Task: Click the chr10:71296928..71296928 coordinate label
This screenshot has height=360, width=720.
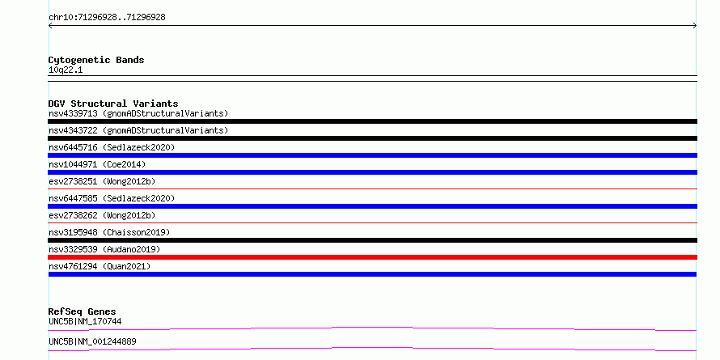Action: [x=107, y=18]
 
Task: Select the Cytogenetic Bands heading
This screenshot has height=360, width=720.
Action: [x=96, y=60]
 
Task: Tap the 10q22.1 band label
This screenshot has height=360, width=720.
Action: [x=66, y=70]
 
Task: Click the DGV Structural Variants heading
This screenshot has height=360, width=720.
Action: [x=113, y=104]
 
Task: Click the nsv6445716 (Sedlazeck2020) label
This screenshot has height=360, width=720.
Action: [x=112, y=147]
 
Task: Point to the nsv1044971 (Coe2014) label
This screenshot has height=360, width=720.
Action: [x=97, y=164]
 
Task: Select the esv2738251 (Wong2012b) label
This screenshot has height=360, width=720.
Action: [x=102, y=181]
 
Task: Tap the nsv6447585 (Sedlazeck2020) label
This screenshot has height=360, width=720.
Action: [x=112, y=198]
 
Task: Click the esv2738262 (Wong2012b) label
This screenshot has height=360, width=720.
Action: [x=102, y=215]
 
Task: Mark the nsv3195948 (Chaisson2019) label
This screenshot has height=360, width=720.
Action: [x=109, y=232]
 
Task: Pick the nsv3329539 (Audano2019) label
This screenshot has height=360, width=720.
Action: [x=104, y=249]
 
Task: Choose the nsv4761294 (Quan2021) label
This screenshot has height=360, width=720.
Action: [x=100, y=266]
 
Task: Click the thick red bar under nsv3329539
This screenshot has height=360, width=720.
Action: [x=372, y=257]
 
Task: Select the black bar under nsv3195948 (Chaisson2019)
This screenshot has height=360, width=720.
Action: [x=372, y=240]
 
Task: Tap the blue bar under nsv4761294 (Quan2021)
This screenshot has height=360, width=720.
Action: [x=372, y=274]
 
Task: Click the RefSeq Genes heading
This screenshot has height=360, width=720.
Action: [x=83, y=311]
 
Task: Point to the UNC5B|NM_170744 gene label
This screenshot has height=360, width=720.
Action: [x=85, y=321]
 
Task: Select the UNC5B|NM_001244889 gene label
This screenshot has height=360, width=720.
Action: [x=92, y=341]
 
